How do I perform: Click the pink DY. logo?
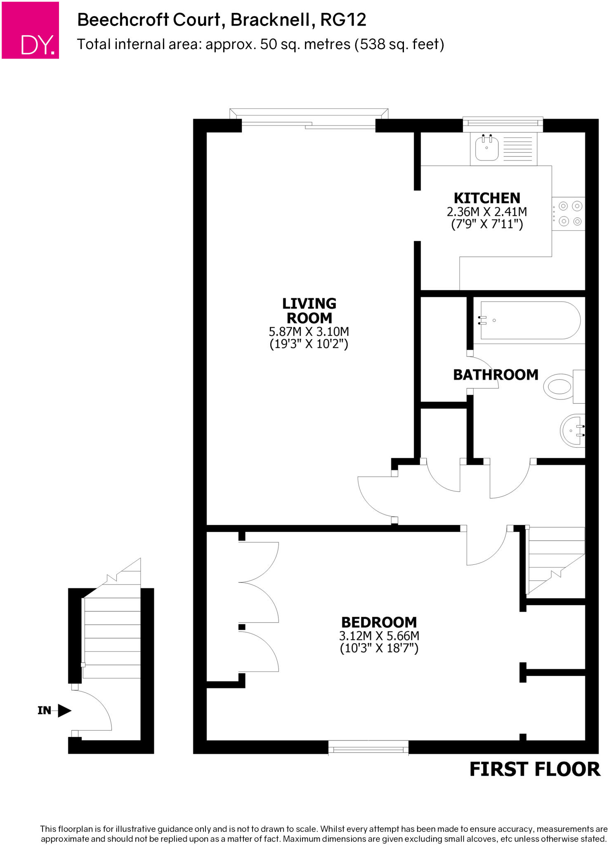pos(31,30)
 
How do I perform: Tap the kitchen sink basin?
pos(486,149)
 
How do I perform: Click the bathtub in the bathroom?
pos(530,321)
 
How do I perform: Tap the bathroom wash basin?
pos(573,430)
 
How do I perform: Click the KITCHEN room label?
pos(487,198)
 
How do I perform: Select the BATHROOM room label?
pos(496,375)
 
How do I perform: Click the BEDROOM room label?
pos(379,622)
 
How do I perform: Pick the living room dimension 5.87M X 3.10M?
pos(309,332)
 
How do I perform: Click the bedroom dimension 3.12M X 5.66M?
pos(379,636)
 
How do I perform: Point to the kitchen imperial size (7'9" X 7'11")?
pos(487,224)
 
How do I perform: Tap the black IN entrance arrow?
pos(64,710)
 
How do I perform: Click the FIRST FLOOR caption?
pos(535,770)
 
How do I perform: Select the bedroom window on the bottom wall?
pos(368,747)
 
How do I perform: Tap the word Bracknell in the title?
pos(270,20)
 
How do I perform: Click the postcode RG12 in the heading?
pos(343,20)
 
